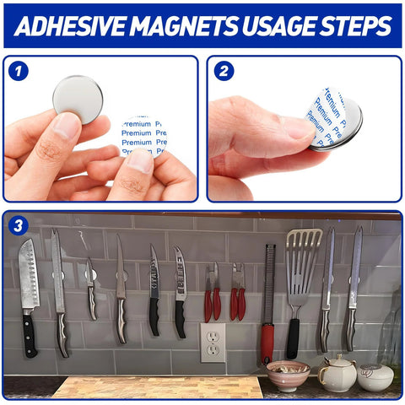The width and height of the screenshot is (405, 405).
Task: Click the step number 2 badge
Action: [x=224, y=71]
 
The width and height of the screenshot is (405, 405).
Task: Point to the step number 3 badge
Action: [x=18, y=226]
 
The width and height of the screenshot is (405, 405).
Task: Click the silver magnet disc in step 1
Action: [x=78, y=100]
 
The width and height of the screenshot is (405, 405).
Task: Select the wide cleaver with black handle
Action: [x=29, y=278]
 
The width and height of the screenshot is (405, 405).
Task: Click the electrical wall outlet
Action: [x=212, y=342]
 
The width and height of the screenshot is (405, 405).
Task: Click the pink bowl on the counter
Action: [x=288, y=374]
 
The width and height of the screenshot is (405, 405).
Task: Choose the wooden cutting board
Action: [x=156, y=387]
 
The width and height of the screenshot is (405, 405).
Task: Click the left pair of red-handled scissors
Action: [x=212, y=295]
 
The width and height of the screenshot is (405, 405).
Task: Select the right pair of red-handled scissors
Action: [x=239, y=295]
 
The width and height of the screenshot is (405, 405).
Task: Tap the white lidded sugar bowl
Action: [x=375, y=376]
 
